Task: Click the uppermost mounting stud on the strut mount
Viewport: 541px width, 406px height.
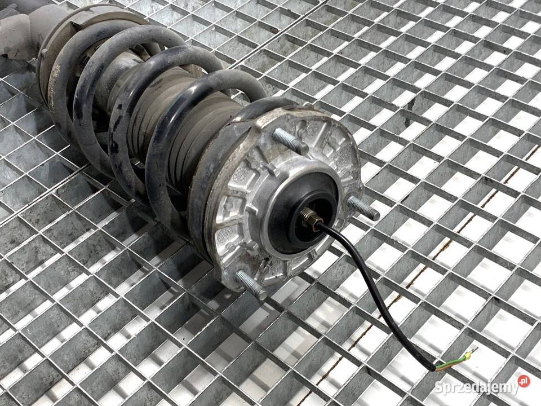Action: (290, 141)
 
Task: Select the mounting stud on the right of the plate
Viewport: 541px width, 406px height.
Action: (363, 208)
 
